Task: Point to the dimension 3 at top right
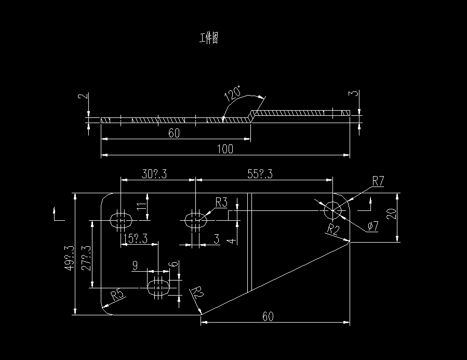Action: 353,95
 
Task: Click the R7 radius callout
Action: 378,181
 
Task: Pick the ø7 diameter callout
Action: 373,227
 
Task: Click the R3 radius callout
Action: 221,202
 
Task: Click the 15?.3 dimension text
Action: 136,238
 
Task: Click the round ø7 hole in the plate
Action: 332,211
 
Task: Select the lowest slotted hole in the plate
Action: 159,286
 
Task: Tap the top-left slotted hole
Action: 122,220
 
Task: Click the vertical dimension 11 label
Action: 140,206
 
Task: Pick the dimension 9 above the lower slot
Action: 135,266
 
